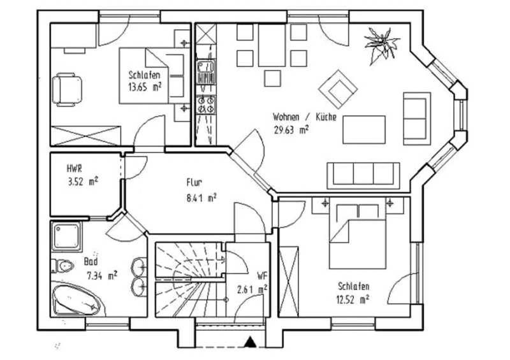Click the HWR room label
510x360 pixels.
coord(74,168)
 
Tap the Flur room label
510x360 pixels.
coord(194,182)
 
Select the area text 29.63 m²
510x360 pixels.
coord(291,130)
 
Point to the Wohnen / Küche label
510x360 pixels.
coord(305,117)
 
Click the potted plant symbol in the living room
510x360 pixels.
coord(381,45)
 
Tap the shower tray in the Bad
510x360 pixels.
coord(67,236)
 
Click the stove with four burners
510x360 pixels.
coord(206,104)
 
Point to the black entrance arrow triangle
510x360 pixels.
coord(250,342)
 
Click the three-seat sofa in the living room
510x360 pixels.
coord(363,176)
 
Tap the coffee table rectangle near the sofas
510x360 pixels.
coord(364,129)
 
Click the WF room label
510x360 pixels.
coord(263,276)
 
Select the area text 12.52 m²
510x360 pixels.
coord(353,299)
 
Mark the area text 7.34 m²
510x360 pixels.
coord(102,276)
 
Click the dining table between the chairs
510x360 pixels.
coord(272,45)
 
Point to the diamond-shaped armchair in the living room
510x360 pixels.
coord(338,89)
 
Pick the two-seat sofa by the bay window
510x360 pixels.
coord(417,119)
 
